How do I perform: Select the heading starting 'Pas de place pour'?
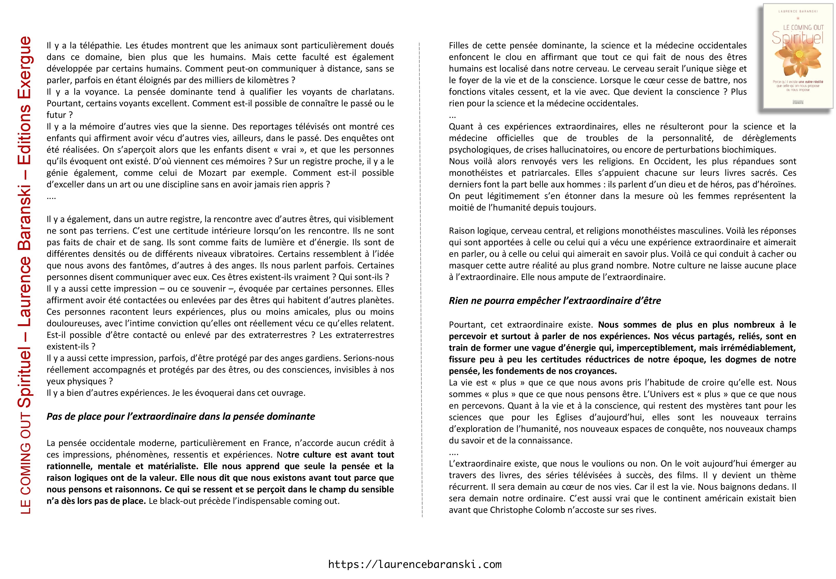tap(181, 416)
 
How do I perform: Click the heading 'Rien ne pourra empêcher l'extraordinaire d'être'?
tap(555, 301)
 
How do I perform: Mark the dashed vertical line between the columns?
tap(422, 279)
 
